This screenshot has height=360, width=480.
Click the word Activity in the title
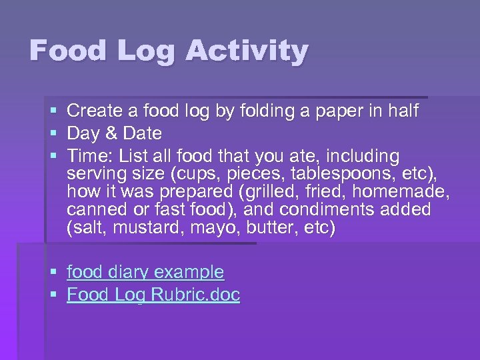pos(247,51)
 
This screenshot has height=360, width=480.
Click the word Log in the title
pos(150,51)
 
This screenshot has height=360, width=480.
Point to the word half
pos(400,111)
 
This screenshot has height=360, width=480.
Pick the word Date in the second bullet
pos(139,133)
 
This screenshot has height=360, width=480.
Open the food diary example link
pos(145,272)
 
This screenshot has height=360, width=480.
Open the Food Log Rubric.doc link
pos(153,295)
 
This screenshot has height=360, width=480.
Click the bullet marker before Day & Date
pos(53,134)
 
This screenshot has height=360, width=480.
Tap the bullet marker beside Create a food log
pos(53,111)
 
